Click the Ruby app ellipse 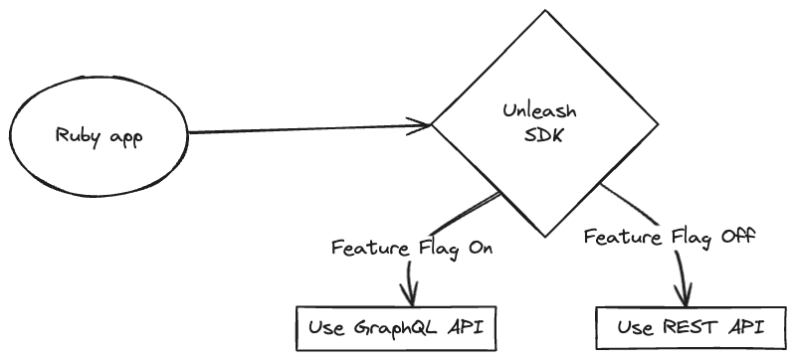98,137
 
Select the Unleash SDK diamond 536,124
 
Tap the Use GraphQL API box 397,327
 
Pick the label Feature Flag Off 671,238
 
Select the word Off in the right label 737,238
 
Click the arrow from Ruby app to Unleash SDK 298,129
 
